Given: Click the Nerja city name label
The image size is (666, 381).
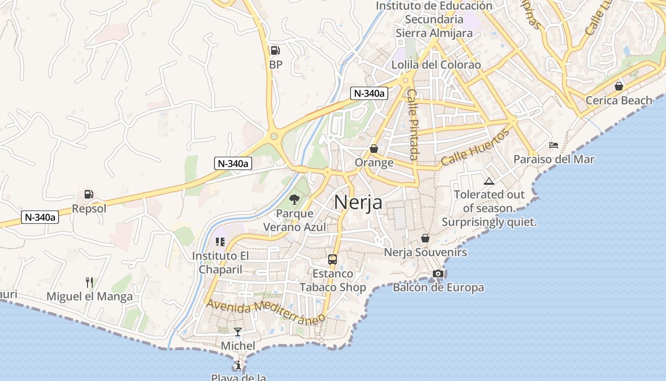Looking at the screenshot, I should pyautogui.click(x=358, y=202).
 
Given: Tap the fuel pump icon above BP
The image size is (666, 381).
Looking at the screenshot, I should pyautogui.click(x=275, y=50).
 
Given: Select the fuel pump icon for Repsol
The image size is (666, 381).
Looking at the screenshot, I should pyautogui.click(x=88, y=194).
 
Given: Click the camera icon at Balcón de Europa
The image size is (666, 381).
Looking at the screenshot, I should pyautogui.click(x=438, y=273).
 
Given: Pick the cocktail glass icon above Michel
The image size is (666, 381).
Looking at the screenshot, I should pyautogui.click(x=238, y=331).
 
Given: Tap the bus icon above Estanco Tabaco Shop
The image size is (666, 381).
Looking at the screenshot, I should pyautogui.click(x=333, y=260).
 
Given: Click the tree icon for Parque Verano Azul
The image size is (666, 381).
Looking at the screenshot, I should pyautogui.click(x=294, y=199).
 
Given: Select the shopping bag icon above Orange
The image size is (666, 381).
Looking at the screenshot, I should pyautogui.click(x=374, y=149).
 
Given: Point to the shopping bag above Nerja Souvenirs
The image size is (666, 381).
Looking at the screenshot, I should pyautogui.click(x=425, y=238).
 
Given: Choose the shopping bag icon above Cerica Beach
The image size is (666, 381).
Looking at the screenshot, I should pyautogui.click(x=618, y=86).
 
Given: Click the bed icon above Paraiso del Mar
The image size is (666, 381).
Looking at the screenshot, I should pyautogui.click(x=554, y=145).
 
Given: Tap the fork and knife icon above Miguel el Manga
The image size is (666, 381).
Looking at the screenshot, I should pyautogui.click(x=89, y=282).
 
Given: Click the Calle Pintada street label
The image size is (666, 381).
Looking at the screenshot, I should pyautogui.click(x=412, y=125).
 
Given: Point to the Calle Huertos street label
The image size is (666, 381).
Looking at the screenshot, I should pyautogui.click(x=475, y=147).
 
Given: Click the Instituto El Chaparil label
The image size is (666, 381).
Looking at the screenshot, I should pyautogui.click(x=220, y=262).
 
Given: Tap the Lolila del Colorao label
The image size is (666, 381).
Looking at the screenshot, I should pyautogui.click(x=436, y=65).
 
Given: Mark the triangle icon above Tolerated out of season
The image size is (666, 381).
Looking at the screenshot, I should pyautogui.click(x=489, y=181).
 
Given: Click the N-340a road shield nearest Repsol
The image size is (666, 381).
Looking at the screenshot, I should pyautogui.click(x=40, y=218).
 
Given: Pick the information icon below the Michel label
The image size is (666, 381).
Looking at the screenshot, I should pyautogui.click(x=238, y=365).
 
